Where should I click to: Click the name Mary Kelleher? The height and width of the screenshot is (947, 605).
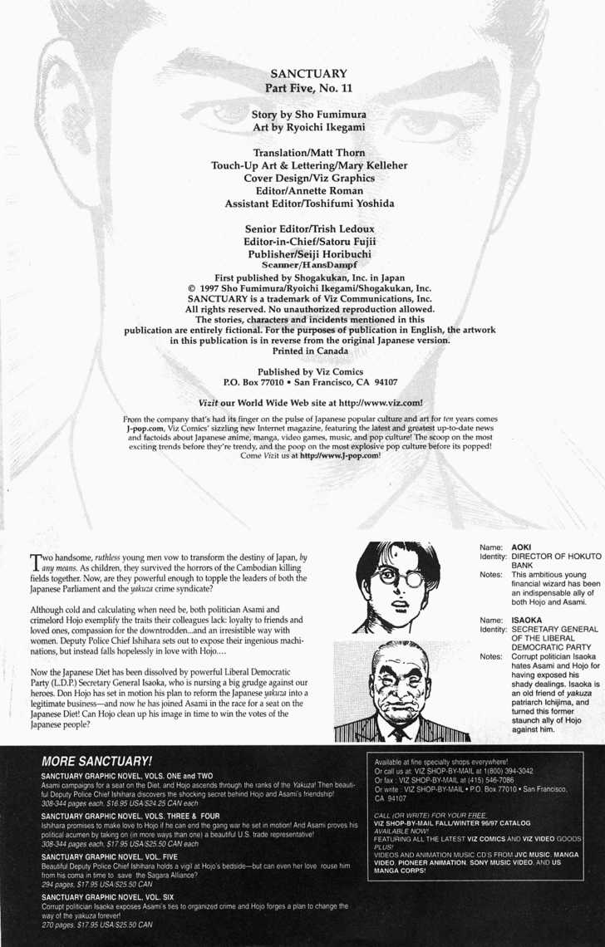pyautogui.click(x=368, y=165)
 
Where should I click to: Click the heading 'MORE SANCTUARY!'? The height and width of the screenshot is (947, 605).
pyautogui.click(x=96, y=760)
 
